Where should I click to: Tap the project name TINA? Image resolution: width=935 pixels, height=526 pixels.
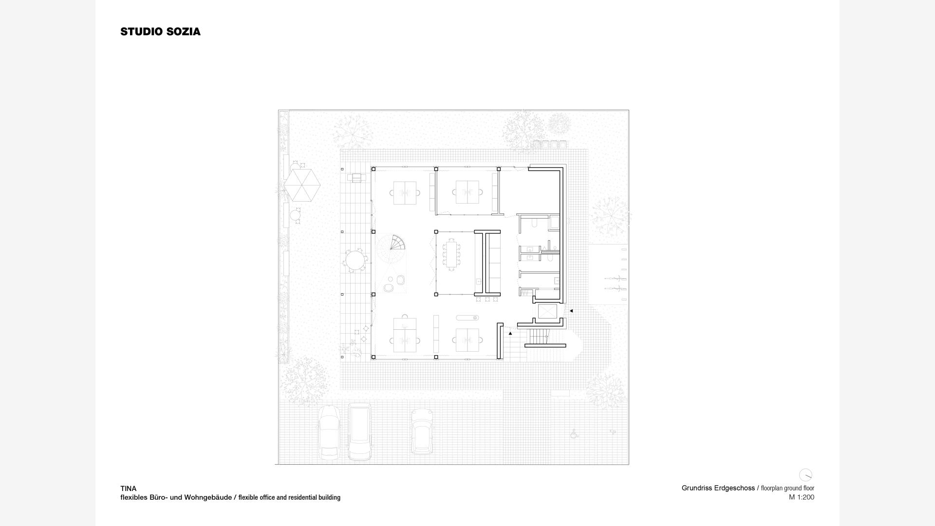tap(129, 488)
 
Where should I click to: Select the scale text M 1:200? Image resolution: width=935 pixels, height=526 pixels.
tap(802, 497)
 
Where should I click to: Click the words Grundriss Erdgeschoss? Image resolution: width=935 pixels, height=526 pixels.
tap(718, 488)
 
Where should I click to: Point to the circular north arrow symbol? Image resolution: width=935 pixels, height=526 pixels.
tap(805, 475)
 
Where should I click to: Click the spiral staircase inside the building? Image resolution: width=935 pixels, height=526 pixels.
tap(397, 243)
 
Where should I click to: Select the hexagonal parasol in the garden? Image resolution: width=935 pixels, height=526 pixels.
tap(302, 185)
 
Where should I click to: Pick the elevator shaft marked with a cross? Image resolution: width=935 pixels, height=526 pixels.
tap(547, 312)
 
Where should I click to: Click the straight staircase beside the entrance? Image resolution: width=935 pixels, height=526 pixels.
tap(539, 337)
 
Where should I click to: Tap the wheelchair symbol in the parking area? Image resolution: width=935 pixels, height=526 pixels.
tap(574, 433)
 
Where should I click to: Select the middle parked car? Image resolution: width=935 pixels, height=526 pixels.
tap(359, 432)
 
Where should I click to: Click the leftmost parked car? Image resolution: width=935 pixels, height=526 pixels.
tap(329, 433)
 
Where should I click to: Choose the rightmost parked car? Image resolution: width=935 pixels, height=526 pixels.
tap(422, 431)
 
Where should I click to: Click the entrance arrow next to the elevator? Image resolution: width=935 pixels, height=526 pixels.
tap(571, 311)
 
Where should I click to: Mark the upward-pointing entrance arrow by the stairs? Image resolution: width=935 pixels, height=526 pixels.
tap(510, 334)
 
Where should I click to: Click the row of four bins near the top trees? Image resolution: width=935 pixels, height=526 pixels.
tap(550, 145)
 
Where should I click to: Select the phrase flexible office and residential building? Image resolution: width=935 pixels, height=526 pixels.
tap(289, 498)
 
